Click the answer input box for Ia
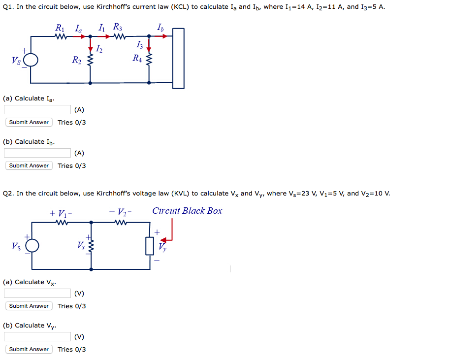pos(37,110)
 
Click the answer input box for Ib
pos(37,153)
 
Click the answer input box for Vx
pos(37,294)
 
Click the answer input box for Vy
pos(37,337)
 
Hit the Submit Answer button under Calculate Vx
pos(29,306)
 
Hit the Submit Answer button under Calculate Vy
pos(29,349)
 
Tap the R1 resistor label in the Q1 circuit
pos(61,28)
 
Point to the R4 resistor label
pos(137,58)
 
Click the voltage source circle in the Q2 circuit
pos(32,245)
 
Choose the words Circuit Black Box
pos(187,211)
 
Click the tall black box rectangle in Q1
pos(178,58)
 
